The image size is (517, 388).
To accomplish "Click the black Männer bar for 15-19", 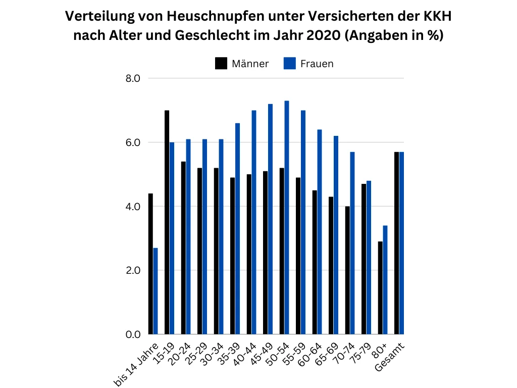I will coord(167,222).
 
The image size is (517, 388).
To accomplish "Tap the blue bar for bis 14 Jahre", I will coord(156,291).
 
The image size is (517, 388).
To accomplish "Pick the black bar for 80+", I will coord(380,288).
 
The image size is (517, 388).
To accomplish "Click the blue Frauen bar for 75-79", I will coord(369,258).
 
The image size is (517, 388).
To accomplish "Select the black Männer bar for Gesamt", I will coord(397,243).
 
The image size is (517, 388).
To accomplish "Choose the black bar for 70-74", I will coord(347,270).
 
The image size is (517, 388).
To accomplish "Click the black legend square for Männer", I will coord(221,64).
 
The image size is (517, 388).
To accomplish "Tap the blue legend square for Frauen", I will coord(289,64).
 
